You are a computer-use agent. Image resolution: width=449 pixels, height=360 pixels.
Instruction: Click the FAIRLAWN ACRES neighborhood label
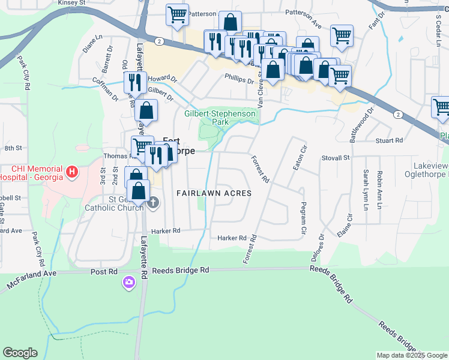[x=213, y=193]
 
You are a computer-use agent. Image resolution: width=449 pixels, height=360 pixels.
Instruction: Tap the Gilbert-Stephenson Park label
[x=220, y=117]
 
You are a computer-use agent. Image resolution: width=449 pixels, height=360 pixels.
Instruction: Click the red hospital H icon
[x=73, y=173]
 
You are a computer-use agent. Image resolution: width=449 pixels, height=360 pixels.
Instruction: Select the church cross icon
[x=153, y=203]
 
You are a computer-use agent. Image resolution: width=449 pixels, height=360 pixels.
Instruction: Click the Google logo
[x=20, y=353]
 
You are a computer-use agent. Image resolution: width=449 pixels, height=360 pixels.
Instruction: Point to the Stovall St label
[x=337, y=158]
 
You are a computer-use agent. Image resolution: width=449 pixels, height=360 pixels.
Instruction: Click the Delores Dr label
[x=322, y=247]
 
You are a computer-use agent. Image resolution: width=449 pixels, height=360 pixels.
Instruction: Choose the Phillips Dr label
[x=240, y=77]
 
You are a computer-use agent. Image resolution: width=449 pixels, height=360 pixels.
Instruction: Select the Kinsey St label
[x=72, y=3]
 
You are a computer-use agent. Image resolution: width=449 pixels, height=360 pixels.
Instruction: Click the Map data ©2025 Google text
[x=412, y=355]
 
